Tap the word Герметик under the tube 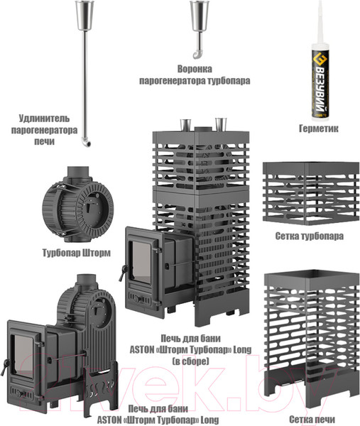[318, 129]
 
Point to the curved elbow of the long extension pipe [87, 142]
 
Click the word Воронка [195, 69]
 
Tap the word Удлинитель [44, 119]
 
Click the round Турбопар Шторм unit [77, 205]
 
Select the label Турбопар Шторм [77, 253]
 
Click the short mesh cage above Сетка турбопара [311, 193]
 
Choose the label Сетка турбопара [310, 236]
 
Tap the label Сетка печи [312, 419]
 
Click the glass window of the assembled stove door [141, 262]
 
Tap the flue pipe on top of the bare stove [87, 280]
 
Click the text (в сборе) [191, 361]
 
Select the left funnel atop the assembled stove [185, 124]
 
